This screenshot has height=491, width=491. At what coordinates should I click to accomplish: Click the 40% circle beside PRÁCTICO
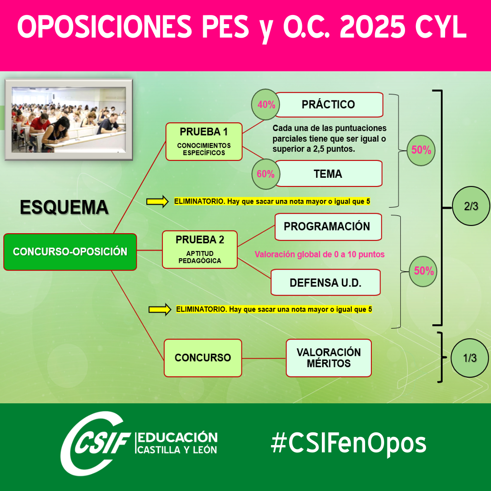[266, 105]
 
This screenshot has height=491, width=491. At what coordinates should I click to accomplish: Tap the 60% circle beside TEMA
[266, 174]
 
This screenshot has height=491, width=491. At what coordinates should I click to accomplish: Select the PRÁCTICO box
[329, 105]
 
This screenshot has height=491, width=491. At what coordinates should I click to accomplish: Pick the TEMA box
[329, 174]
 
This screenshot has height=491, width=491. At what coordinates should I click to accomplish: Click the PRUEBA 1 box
[204, 141]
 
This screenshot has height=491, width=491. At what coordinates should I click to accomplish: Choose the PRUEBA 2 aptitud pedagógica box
[200, 250]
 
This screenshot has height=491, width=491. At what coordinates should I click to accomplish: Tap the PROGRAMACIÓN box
[328, 227]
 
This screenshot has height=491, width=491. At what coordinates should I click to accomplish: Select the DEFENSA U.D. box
[326, 282]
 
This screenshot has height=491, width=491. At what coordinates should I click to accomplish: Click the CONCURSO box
[203, 358]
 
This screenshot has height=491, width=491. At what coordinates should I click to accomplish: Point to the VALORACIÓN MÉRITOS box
[329, 358]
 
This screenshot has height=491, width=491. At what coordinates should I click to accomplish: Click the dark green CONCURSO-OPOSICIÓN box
[70, 252]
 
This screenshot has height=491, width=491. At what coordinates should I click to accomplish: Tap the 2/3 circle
[471, 206]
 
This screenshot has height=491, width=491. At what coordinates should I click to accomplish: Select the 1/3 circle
[470, 358]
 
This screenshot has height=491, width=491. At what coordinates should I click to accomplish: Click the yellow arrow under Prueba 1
[157, 201]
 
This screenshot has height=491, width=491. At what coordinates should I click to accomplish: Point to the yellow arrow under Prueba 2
[160, 310]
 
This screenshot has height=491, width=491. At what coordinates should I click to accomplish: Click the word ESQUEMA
[64, 207]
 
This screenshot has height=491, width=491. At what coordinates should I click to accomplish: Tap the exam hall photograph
[69, 120]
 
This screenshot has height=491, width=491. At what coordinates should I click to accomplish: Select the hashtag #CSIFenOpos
[349, 444]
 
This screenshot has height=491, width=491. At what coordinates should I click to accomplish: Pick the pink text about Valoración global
[320, 254]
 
